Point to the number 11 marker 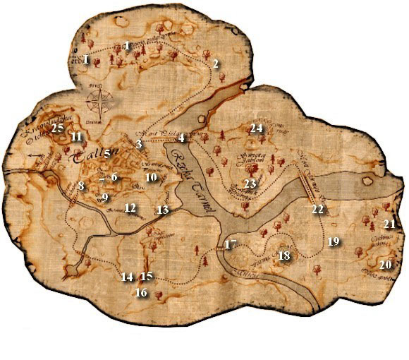coord(75,136)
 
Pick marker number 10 coord(150,177)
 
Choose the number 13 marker coord(163,210)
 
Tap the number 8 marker coord(81,186)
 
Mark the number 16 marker coord(141,292)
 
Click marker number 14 coord(126,277)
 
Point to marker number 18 coord(284,256)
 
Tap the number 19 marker coord(334,241)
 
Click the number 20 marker coord(385,265)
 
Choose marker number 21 coord(389,224)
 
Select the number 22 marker coord(318,209)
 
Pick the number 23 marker coord(250,184)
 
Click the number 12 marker coord(130,208)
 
